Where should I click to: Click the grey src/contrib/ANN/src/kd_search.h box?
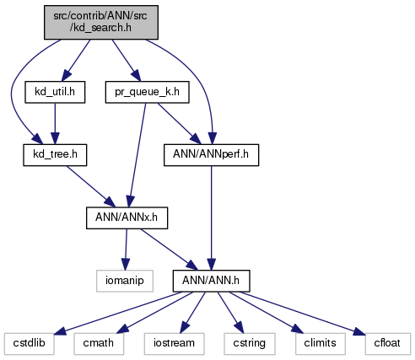click(101, 22)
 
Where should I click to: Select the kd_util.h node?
click(55, 92)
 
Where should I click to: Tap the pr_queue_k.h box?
click(147, 92)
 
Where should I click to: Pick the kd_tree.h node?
click(55, 155)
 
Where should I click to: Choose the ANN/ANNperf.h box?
click(211, 155)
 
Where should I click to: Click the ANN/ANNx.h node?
click(127, 218)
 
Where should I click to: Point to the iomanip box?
click(125, 281)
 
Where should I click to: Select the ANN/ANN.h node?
click(211, 281)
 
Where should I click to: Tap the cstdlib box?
click(30, 344)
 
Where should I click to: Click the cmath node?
click(99, 344)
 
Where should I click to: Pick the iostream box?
click(174, 344)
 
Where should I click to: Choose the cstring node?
click(250, 344)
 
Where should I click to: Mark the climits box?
click(321, 344)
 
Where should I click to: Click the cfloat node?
click(388, 344)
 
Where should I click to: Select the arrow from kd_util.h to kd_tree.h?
click(55, 124)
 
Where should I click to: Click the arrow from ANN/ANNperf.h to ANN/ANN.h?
click(211, 218)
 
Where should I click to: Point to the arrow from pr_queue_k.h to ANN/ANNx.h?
click(137, 155)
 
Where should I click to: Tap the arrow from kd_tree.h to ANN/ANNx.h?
click(90, 186)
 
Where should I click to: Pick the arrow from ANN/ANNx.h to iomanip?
click(126, 250)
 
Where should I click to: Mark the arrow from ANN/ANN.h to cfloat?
click(303, 313)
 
